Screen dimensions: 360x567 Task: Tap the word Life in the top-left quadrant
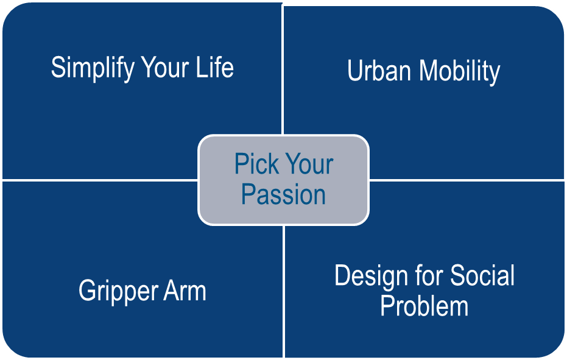tap(213, 67)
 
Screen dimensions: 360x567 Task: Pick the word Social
tap(482, 275)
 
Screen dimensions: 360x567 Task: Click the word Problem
tap(424, 306)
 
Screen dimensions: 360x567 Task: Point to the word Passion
tap(283, 195)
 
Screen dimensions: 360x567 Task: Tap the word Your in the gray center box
tap(309, 164)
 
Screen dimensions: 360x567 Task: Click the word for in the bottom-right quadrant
tap(426, 275)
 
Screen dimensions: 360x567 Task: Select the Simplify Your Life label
tap(143, 68)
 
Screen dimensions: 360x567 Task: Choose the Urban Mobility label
tap(423, 71)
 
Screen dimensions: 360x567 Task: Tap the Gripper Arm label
tap(143, 291)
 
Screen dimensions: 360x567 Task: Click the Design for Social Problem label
tap(424, 291)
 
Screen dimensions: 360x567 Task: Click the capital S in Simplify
tap(58, 67)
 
